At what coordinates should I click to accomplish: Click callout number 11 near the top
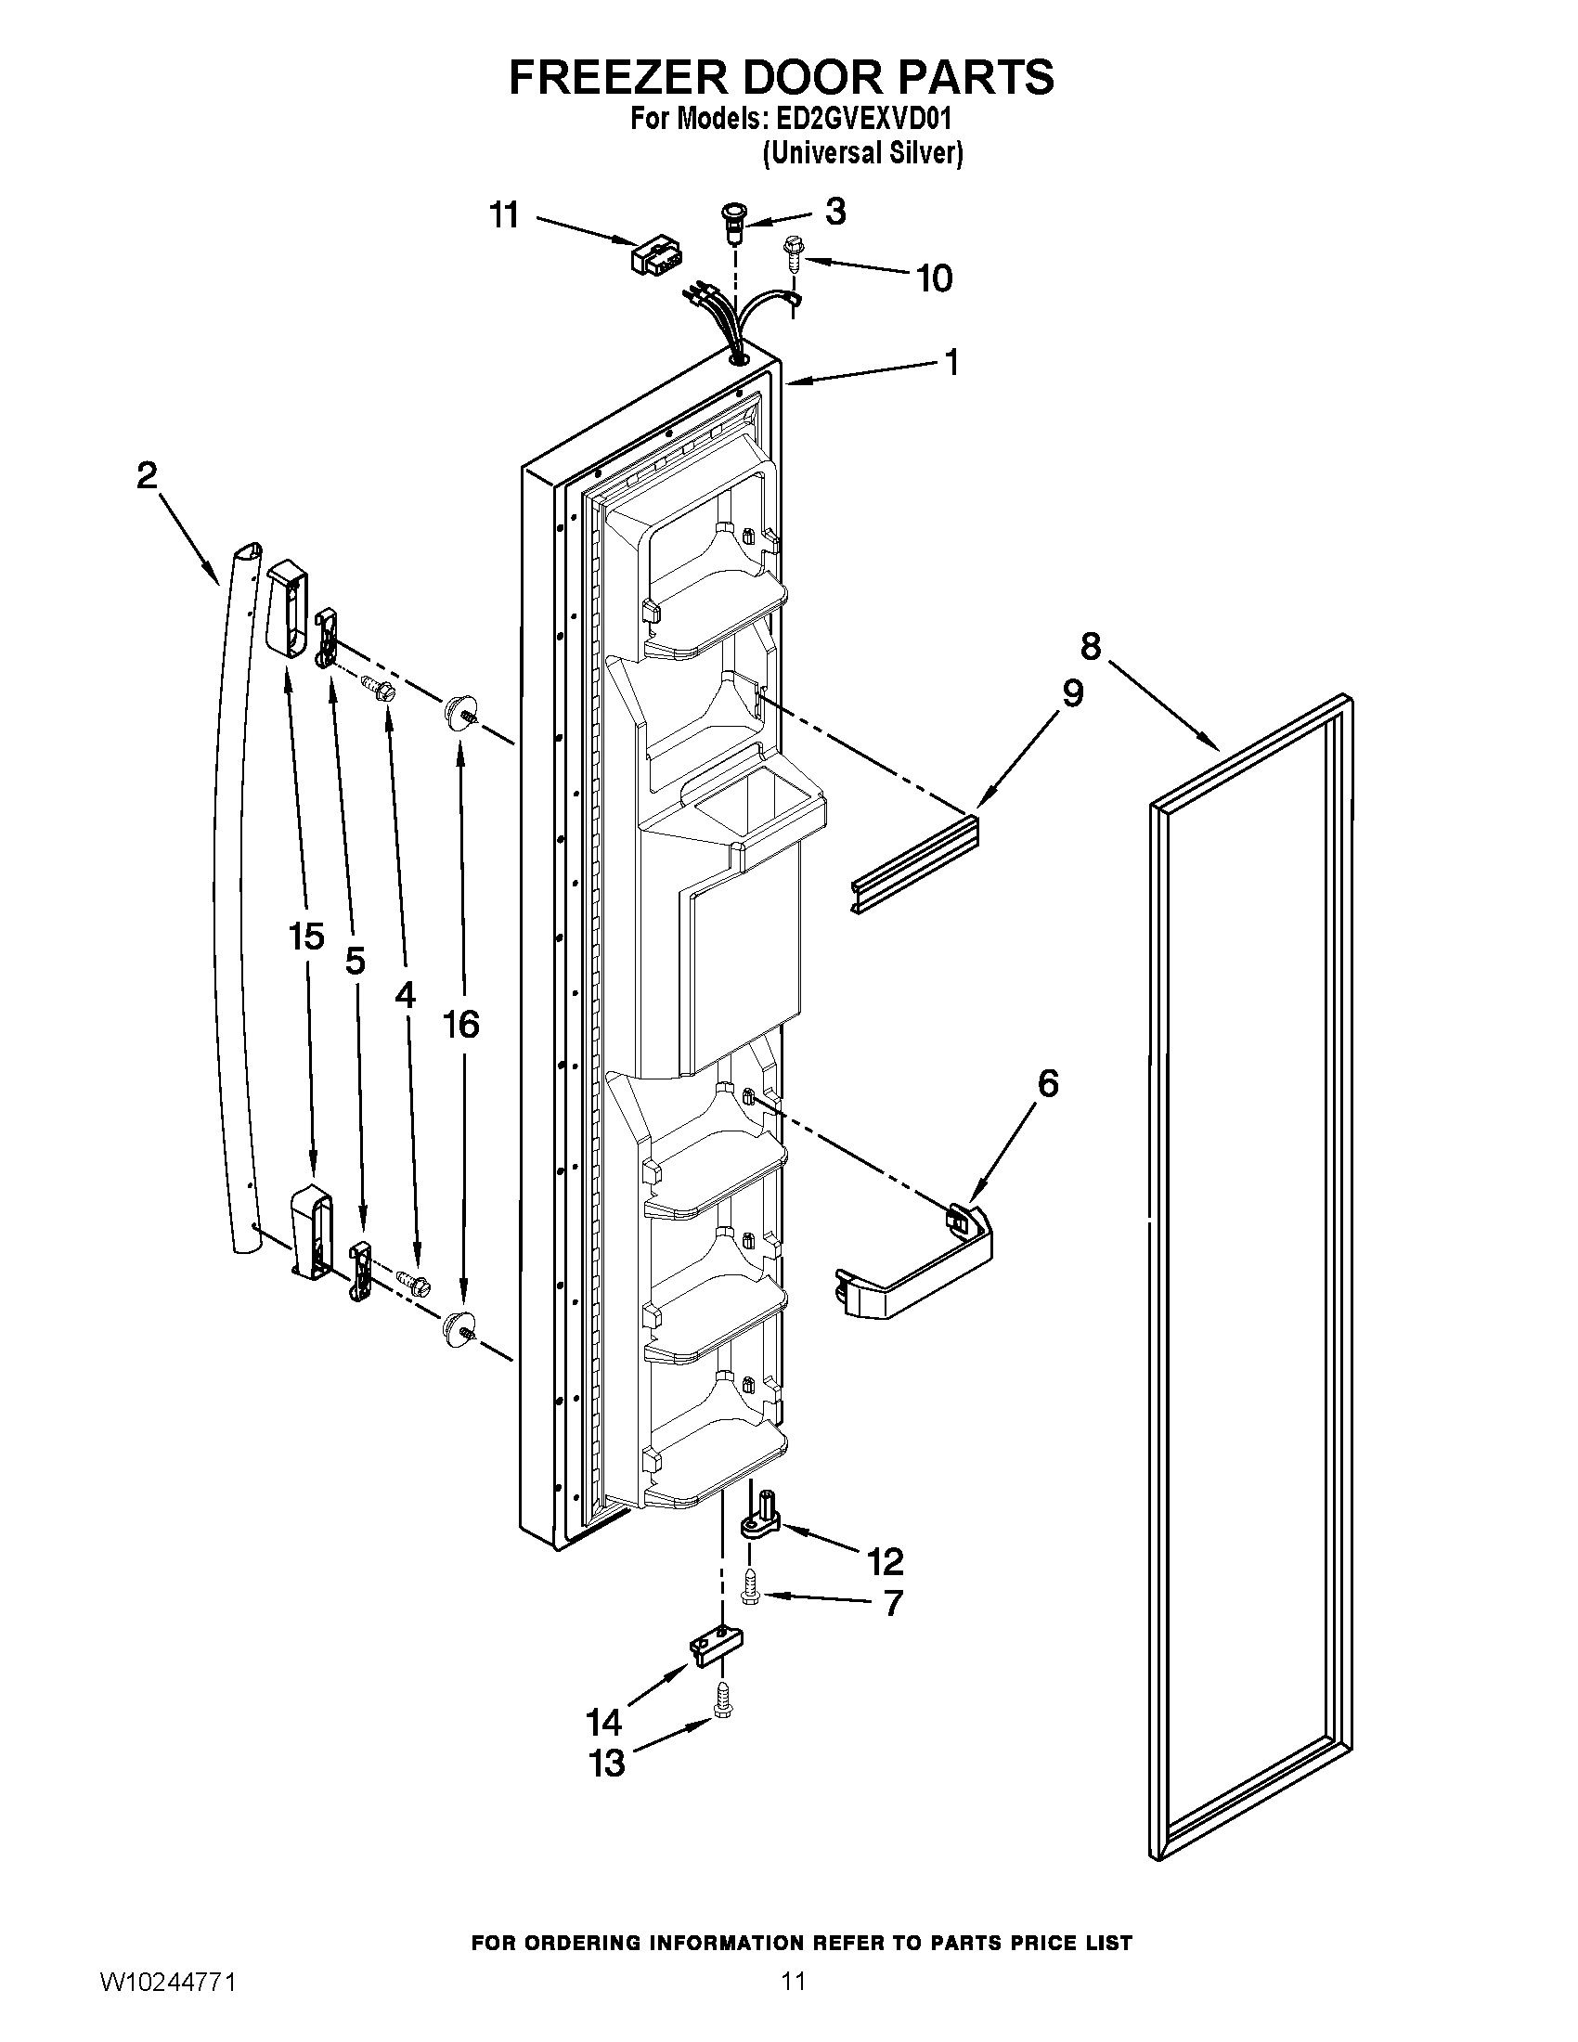[504, 216]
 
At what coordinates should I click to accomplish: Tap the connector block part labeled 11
[654, 253]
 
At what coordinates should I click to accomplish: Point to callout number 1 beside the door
[951, 363]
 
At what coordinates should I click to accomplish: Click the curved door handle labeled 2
[230, 898]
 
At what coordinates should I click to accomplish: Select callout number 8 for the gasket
[1091, 646]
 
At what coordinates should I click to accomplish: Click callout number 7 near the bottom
[893, 1604]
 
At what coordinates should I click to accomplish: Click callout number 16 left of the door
[461, 1025]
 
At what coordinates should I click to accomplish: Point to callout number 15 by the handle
[306, 936]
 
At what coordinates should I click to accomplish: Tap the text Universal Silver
[863, 152]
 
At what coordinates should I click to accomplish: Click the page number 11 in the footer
[793, 1981]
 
